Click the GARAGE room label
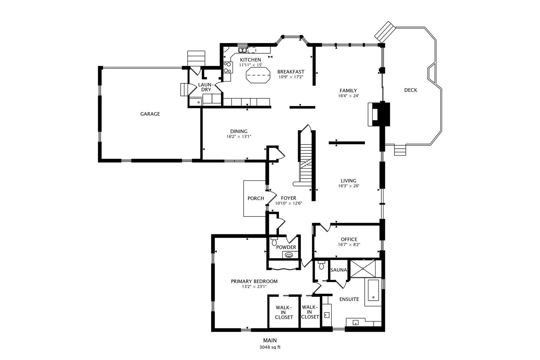pyautogui.click(x=150, y=114)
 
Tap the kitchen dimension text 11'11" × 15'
pyautogui.click(x=250, y=65)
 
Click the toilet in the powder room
pyautogui.click(x=274, y=241)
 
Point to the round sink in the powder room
pyautogui.click(x=289, y=255)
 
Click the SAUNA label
pyautogui.click(x=339, y=270)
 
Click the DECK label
pyautogui.click(x=410, y=90)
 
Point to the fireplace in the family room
pyautogui.click(x=379, y=114)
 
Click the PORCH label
pyautogui.click(x=256, y=198)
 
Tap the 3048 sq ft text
pyautogui.click(x=270, y=347)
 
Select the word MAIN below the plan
pyautogui.click(x=270, y=341)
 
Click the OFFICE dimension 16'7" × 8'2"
pyautogui.click(x=349, y=244)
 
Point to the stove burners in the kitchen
pyautogui.click(x=227, y=67)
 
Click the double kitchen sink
pyautogui.click(x=242, y=50)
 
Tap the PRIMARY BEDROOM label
pyautogui.click(x=254, y=281)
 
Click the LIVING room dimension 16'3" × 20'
pyautogui.click(x=348, y=186)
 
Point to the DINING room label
pyautogui.click(x=239, y=131)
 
